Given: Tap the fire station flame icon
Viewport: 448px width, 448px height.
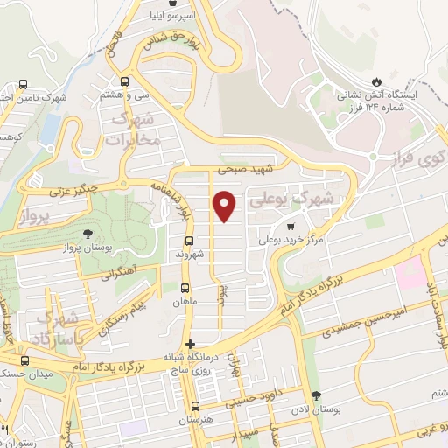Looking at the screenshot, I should tap(377, 80).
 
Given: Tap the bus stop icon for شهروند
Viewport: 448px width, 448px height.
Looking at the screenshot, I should tap(189, 241).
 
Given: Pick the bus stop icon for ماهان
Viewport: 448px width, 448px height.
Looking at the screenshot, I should tap(185, 288).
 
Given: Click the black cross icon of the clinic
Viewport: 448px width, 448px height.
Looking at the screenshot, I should tap(190, 344).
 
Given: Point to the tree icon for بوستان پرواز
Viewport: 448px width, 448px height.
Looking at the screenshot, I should tap(87, 234).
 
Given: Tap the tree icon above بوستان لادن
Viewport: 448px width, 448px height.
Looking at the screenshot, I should tap(315, 396).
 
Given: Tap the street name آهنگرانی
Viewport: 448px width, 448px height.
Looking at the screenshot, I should tap(119, 274).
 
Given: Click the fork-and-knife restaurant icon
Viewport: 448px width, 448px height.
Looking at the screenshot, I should tap(7, 429).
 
